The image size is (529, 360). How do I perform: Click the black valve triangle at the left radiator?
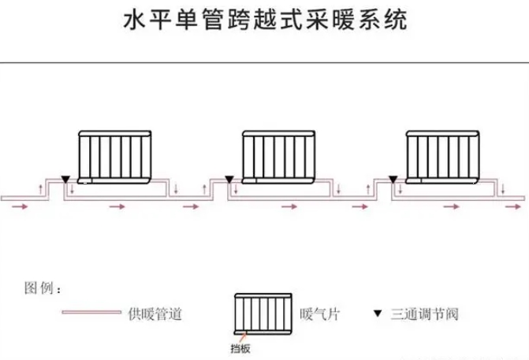[x=64, y=180]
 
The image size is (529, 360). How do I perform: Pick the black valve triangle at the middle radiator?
[x=228, y=180]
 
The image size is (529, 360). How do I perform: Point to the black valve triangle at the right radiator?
[x=392, y=180]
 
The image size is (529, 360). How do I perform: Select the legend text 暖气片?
[x=319, y=314]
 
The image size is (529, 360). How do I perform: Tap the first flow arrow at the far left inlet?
[x=24, y=207]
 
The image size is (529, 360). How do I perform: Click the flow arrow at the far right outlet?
[x=505, y=207]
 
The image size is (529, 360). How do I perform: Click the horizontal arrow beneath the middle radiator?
[x=290, y=206]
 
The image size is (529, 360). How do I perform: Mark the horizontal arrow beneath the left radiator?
[x=117, y=206]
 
